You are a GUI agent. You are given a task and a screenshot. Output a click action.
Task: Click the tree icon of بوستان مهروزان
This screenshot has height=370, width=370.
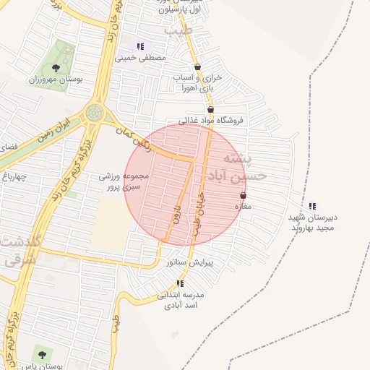click(x=56, y=67)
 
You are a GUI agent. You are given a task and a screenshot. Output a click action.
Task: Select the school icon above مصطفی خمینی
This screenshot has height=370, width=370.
click(x=140, y=46)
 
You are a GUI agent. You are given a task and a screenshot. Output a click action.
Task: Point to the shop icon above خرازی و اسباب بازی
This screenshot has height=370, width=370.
click(x=197, y=67)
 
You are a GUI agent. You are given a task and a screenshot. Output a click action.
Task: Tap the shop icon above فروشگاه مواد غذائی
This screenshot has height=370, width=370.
click(x=210, y=110)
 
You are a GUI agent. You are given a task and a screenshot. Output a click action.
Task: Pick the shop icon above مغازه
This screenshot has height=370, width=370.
click(x=242, y=196)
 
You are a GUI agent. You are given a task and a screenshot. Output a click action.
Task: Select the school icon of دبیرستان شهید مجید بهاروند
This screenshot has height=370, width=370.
click(x=312, y=206)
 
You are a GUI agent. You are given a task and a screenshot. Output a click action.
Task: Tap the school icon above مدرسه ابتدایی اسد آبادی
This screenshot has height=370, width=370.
click(x=181, y=283)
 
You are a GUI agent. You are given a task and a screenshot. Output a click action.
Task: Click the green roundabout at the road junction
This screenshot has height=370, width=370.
click(x=94, y=112)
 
